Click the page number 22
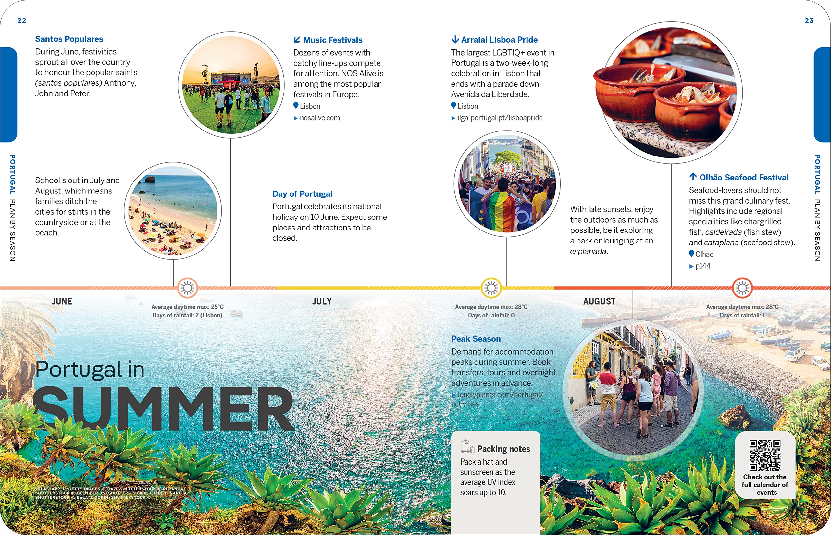tap(21, 20)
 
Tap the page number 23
tap(809, 20)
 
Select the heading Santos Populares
tap(69, 39)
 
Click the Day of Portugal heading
tap(302, 194)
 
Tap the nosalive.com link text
tap(319, 118)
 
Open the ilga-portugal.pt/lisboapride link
tap(500, 118)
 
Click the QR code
tap(765, 455)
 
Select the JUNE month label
tap(62, 301)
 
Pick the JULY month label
tap(322, 301)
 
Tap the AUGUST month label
tap(599, 301)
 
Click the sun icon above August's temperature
tap(742, 288)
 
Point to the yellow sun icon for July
tap(491, 288)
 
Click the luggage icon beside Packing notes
tap(467, 446)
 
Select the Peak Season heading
tap(476, 339)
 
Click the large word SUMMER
tap(163, 409)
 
